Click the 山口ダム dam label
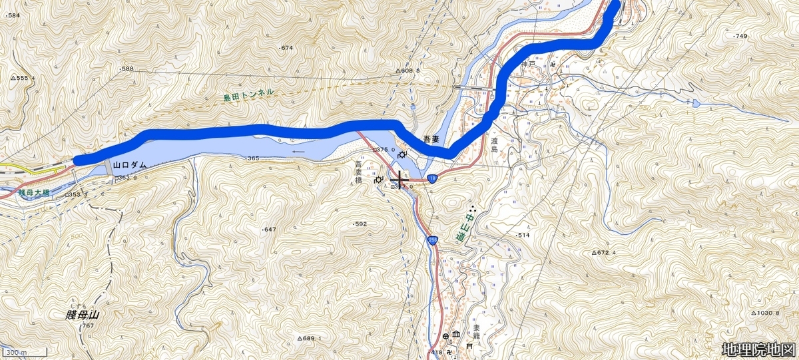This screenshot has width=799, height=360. [130, 164]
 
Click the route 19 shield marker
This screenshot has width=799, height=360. [432, 178]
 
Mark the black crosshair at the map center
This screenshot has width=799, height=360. [400, 180]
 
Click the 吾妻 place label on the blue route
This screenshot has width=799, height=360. [431, 139]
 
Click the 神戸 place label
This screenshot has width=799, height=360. [528, 65]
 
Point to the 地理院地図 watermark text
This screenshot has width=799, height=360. [758, 349]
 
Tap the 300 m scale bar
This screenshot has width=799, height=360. [24, 352]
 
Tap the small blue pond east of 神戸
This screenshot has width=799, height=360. [696, 103]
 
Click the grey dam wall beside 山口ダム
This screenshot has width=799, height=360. [108, 167]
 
